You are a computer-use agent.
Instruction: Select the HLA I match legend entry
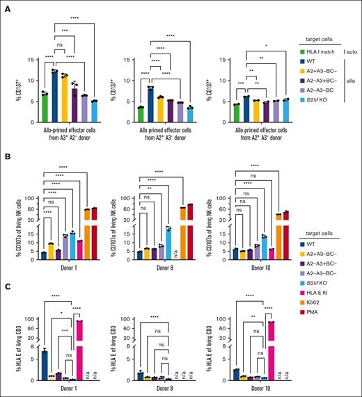click(x=325, y=49)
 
